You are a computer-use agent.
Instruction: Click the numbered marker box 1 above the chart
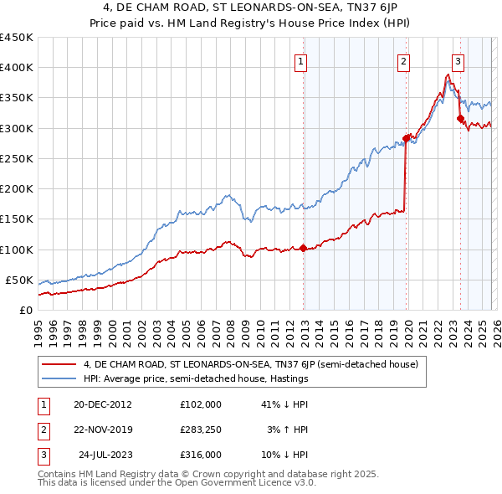pos(300,60)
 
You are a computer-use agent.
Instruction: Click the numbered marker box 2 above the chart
pos(403,60)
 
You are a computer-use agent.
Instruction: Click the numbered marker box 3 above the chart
pos(458,60)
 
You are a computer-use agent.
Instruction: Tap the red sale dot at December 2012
pos(303,248)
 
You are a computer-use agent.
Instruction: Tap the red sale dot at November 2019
pos(406,138)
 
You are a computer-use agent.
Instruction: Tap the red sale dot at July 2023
pos(460,119)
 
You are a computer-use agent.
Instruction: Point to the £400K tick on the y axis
pos(17,68)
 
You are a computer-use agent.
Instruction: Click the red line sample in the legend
pos(59,364)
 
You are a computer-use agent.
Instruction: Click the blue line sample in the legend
pos(59,379)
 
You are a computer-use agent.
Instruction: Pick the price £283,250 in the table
pos(201,430)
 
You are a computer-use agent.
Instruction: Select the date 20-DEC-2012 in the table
pos(102,404)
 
